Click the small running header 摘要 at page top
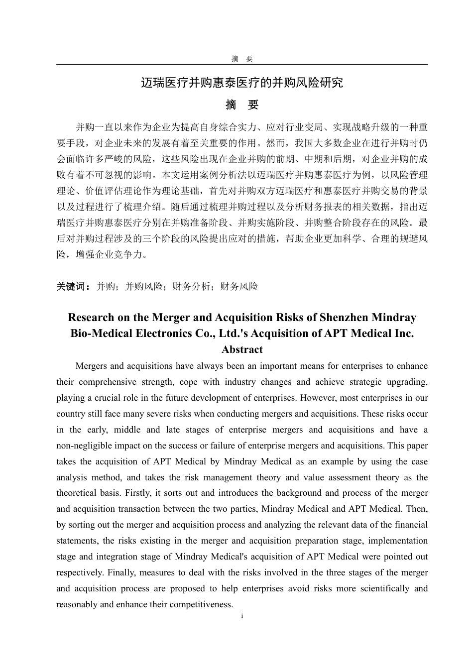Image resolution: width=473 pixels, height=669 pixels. click(x=242, y=59)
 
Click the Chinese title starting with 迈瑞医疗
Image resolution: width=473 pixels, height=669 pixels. click(x=242, y=83)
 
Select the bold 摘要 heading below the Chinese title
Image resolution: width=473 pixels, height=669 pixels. click(x=242, y=105)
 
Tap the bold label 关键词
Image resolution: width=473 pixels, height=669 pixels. click(x=73, y=287)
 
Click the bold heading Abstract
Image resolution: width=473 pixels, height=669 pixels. click(x=242, y=349)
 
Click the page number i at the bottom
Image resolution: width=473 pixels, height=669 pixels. click(x=242, y=616)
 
